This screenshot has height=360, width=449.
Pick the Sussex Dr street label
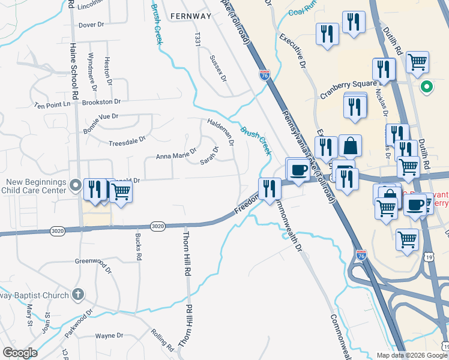(218, 68)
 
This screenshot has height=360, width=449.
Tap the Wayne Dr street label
(109, 336)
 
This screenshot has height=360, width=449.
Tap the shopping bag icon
(350, 146)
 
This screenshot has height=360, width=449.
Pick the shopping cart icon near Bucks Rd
(121, 192)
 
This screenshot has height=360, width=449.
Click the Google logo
(20, 353)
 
